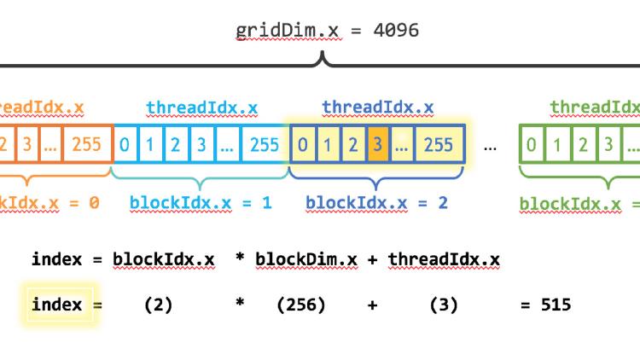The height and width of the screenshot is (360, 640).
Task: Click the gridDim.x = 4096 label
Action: tap(327, 31)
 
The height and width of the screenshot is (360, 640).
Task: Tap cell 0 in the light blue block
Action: tap(125, 144)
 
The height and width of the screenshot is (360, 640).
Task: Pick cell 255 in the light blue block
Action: tap(264, 144)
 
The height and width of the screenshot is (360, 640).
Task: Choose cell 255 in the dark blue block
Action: tap(439, 144)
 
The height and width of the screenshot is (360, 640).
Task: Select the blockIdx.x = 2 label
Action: tap(376, 203)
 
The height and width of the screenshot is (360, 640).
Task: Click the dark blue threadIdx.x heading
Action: tap(377, 107)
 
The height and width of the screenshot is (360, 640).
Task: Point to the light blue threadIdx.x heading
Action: tap(201, 107)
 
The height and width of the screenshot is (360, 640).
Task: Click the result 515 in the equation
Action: tap(545, 305)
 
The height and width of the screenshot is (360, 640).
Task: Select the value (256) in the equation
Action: tap(300, 305)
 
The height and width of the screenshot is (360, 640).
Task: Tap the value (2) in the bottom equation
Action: tap(158, 305)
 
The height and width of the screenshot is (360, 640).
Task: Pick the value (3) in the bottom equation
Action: tap(443, 305)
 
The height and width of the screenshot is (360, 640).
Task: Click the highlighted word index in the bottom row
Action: tap(57, 305)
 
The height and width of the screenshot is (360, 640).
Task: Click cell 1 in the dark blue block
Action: tap(327, 144)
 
